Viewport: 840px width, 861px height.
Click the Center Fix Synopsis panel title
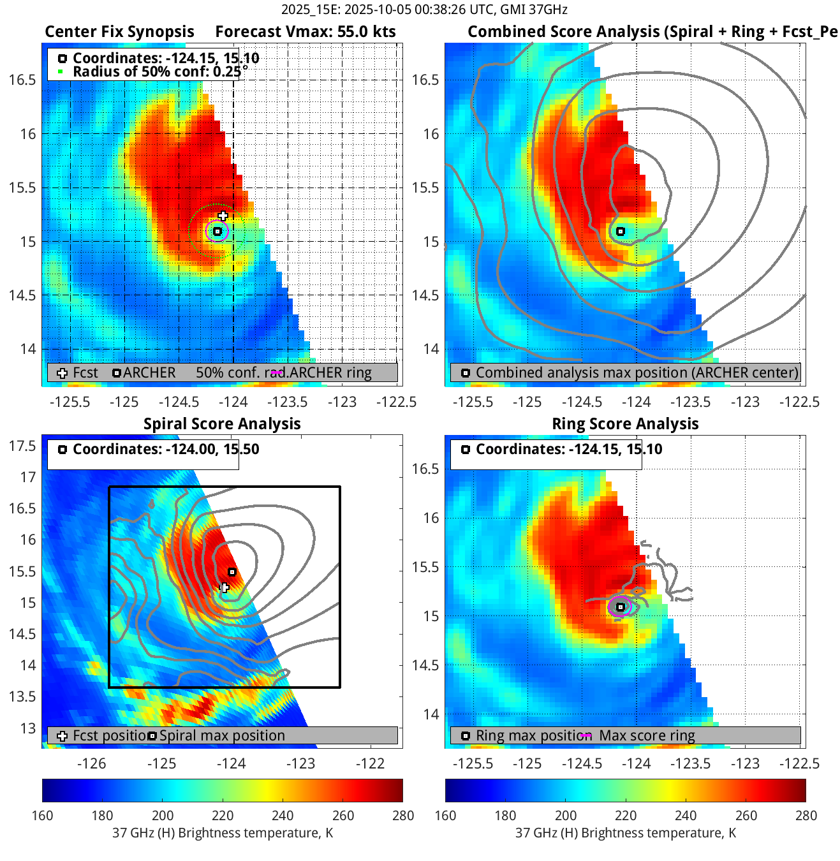pos(119,32)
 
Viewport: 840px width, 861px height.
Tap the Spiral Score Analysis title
pos(222,424)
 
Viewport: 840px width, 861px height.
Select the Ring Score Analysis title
pos(625,424)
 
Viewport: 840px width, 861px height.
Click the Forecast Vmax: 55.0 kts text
pos(305,32)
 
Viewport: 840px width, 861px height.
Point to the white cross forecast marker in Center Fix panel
pos(223,216)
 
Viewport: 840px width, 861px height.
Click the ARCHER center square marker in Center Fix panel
pos(217,232)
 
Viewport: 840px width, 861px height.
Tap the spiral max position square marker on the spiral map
pos(232,572)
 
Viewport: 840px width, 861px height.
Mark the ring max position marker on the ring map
pos(620,607)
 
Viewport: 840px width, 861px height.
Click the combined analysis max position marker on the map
pos(620,232)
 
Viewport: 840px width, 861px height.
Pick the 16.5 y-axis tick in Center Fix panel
pos(22,80)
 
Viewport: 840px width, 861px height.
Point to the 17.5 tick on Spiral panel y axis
pos(22,446)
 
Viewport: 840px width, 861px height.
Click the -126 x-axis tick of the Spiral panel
pos(91,764)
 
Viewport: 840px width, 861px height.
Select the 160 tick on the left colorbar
pos(42,816)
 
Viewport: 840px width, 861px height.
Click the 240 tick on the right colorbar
pos(686,816)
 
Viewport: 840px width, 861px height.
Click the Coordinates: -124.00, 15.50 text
pos(166,449)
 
